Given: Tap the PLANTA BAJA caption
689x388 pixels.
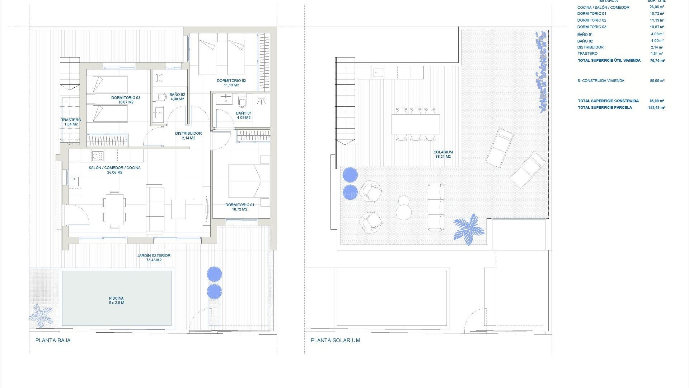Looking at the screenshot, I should tap(53, 340).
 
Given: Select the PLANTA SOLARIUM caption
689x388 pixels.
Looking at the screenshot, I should tap(336, 340).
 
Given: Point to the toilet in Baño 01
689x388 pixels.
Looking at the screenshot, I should tap(243, 102).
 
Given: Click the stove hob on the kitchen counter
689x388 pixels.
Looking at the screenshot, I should tap(98, 156).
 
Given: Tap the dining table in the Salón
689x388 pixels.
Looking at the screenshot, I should tap(114, 209).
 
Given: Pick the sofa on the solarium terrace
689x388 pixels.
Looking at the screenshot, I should tap(436, 207).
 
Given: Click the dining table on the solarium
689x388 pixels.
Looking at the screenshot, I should tap(416, 124).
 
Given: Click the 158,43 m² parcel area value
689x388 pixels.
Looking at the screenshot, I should tap(657, 107).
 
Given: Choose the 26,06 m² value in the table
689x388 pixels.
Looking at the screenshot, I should tap(657, 7).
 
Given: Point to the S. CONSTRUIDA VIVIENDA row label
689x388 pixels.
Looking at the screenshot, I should tap(601, 81).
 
